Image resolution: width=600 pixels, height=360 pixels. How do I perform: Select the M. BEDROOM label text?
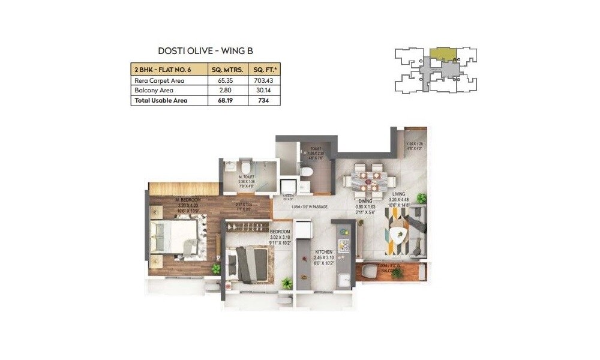[x=187, y=199]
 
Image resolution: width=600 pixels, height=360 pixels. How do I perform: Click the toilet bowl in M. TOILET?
[x=246, y=170]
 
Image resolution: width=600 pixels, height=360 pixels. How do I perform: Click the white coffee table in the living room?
[x=398, y=235]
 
